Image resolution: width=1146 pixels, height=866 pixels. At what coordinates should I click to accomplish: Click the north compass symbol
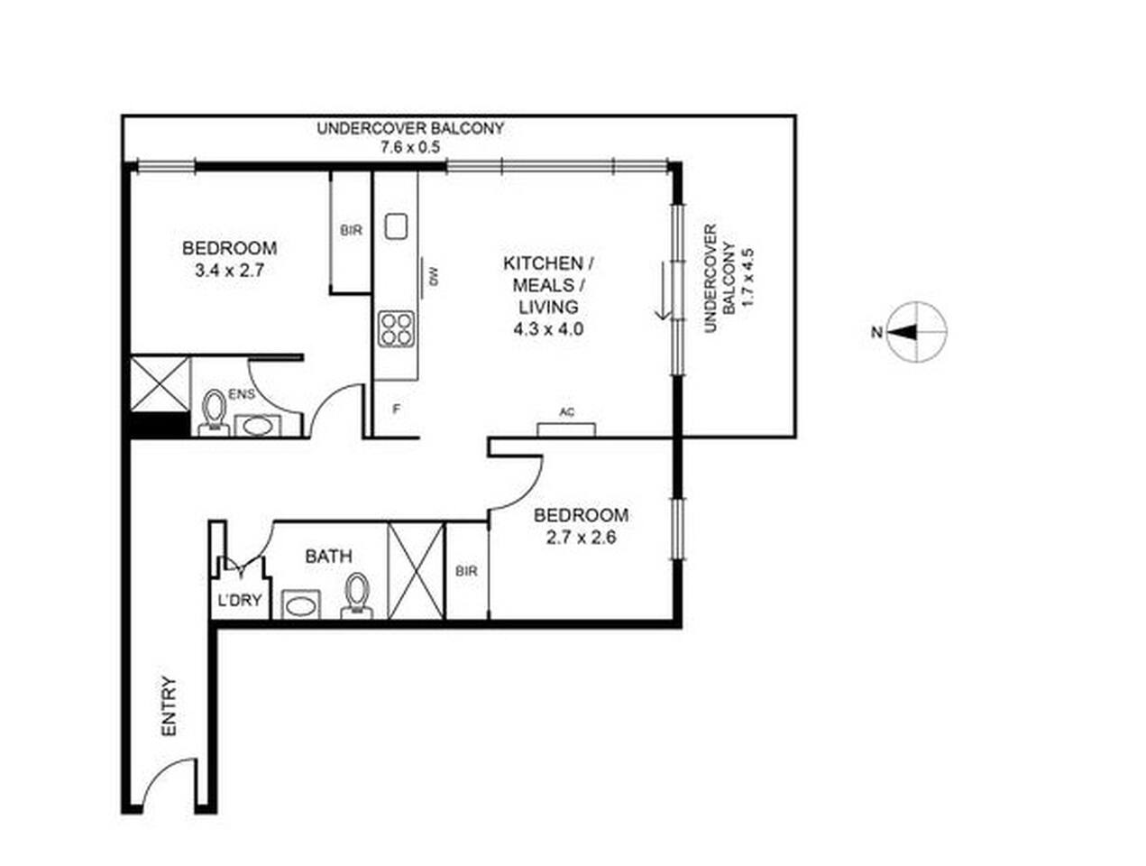[x=917, y=332]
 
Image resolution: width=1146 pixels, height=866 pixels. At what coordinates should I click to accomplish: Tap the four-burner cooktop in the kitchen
[x=396, y=328]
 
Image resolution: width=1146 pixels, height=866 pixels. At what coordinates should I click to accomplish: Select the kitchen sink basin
[x=396, y=226]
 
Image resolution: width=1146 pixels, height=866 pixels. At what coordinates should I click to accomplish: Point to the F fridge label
[x=396, y=409]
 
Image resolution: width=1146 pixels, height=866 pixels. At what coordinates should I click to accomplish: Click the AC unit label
[x=566, y=412]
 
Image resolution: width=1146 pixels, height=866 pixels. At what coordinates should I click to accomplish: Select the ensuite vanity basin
[x=258, y=426]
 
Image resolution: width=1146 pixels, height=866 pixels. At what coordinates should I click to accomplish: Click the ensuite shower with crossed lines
[x=160, y=383]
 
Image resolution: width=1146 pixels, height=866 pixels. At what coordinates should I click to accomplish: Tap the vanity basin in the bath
[x=301, y=604]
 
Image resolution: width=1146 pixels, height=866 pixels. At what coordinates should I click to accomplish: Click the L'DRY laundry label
[x=240, y=600]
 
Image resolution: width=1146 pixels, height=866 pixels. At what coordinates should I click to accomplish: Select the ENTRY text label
[x=169, y=706]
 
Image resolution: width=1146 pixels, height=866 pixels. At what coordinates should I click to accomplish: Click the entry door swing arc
[x=162, y=778]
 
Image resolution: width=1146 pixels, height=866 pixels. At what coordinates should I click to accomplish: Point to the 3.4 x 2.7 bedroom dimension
[x=229, y=271]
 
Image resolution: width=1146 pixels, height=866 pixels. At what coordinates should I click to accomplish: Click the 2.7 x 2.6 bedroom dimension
[x=581, y=537]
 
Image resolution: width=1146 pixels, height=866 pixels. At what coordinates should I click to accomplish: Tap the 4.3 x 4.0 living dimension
[x=548, y=329]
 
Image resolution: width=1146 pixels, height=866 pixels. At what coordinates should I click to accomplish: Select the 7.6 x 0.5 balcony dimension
[x=410, y=147]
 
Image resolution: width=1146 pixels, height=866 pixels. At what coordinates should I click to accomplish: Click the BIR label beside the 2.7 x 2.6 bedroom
[x=466, y=571]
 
